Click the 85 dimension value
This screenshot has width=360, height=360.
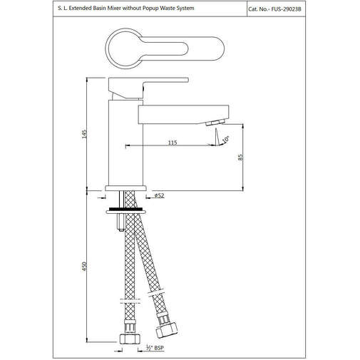[x=240, y=158]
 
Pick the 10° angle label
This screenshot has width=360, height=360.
[x=226, y=139]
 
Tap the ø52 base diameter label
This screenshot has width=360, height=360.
[x=160, y=194]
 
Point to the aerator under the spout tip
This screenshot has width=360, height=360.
[x=213, y=124]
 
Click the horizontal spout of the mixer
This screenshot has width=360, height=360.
[x=182, y=112]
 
